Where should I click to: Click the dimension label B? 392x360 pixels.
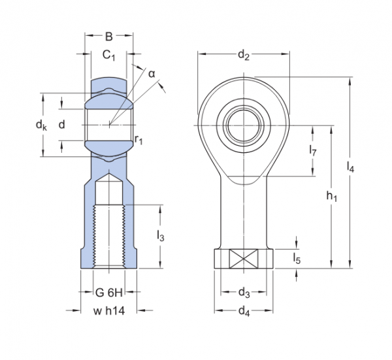click(109, 37)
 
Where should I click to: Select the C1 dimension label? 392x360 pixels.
click(109, 56)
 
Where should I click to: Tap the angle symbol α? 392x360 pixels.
click(152, 74)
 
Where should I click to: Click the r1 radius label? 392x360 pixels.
click(139, 139)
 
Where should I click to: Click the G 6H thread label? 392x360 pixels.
click(109, 291)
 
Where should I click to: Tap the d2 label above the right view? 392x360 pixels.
click(244, 56)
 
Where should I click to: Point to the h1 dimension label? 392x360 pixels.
click(331, 197)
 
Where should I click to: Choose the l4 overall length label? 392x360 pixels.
click(351, 167)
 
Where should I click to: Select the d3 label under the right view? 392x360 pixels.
click(244, 291)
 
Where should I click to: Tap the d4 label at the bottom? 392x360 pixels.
click(244, 310)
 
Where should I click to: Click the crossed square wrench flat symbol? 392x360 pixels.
click(244, 258)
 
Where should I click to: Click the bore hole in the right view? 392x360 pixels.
click(244, 124)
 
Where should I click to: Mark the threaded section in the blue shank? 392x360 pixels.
click(109, 235)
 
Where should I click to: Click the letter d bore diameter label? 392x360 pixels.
click(62, 124)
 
